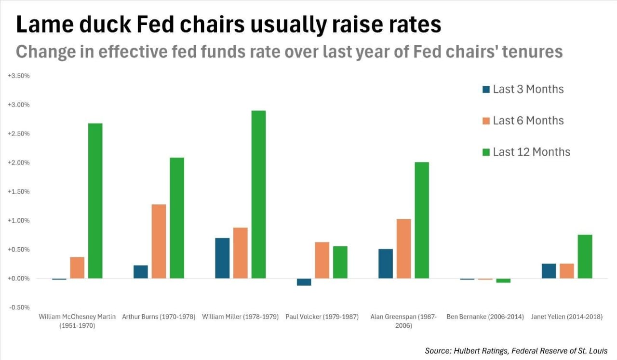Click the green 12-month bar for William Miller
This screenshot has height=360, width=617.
(258, 194)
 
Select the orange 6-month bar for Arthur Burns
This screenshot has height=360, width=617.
(159, 241)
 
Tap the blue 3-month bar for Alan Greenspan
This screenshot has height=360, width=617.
(386, 263)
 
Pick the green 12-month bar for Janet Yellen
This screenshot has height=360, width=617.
(585, 256)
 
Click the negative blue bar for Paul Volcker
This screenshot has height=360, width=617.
(304, 282)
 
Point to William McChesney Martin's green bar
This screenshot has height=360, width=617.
(95, 200)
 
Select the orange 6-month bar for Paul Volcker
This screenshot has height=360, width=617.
(322, 260)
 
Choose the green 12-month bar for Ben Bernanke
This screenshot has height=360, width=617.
(503, 280)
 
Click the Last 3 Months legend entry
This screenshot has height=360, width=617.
(523, 89)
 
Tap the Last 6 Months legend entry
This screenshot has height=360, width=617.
(523, 120)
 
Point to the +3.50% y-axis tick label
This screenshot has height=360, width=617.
(19, 76)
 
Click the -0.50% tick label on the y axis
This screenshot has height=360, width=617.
(19, 307)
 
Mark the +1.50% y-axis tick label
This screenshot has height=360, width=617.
(19, 192)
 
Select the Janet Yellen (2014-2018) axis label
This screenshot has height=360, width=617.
(566, 317)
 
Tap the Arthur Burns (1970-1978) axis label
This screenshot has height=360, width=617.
(159, 317)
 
